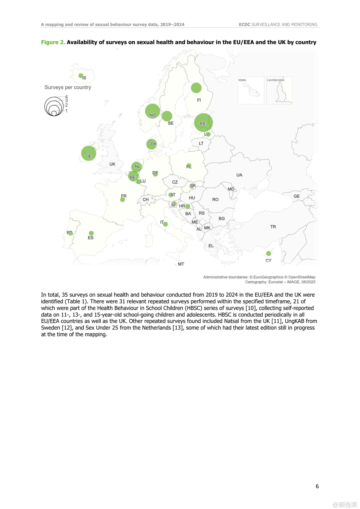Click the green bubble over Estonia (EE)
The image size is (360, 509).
coord(203,122)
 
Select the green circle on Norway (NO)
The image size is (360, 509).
coord(152,111)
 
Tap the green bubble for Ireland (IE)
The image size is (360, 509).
coord(89,153)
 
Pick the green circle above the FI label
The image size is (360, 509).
coord(196,88)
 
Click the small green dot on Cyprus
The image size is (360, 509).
coord(269,253)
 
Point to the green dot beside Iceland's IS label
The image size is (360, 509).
coord(81,76)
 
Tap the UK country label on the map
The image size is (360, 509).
coord(112,164)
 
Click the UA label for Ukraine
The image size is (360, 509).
coord(239,175)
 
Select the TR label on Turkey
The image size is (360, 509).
coord(273,227)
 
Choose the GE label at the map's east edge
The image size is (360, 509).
coord(296,196)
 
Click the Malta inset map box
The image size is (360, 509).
coord(251,90)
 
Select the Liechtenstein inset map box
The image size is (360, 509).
coord(279,90)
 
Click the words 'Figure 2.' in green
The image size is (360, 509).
coord(53,42)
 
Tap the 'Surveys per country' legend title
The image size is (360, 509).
coord(68,87)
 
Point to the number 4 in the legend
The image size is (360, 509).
coord(67,97)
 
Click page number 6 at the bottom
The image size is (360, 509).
coord(317,486)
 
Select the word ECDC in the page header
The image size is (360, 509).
coord(245,24)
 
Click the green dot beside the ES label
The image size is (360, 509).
coord(91,233)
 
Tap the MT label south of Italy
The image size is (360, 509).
coord(181,264)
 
